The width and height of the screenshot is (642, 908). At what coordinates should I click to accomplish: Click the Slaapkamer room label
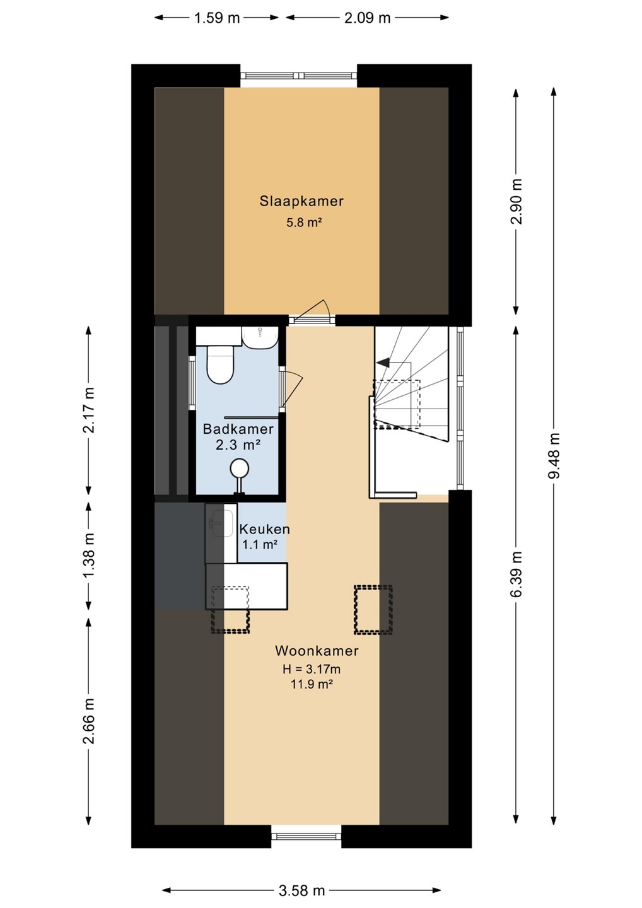click(301, 201)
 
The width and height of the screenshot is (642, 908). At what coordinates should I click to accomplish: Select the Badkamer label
click(238, 429)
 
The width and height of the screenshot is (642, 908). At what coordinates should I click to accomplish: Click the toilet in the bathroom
click(220, 364)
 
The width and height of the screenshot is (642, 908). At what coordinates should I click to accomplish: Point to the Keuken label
click(264, 529)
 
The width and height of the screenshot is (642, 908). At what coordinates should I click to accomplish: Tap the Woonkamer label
click(317, 651)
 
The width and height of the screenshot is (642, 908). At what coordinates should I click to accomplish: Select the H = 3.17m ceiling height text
click(312, 669)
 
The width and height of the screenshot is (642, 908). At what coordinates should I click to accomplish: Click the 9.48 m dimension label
click(554, 456)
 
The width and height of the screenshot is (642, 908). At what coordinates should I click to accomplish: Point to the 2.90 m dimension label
click(517, 202)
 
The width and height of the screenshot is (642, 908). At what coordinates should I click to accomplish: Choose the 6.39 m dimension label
click(517, 574)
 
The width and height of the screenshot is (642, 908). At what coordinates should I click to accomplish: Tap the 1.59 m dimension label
click(217, 18)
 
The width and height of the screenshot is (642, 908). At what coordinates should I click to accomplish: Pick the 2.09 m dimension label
click(367, 18)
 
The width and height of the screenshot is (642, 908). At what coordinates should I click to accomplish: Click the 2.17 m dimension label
click(89, 410)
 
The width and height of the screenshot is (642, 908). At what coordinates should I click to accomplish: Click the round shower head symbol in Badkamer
click(239, 469)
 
